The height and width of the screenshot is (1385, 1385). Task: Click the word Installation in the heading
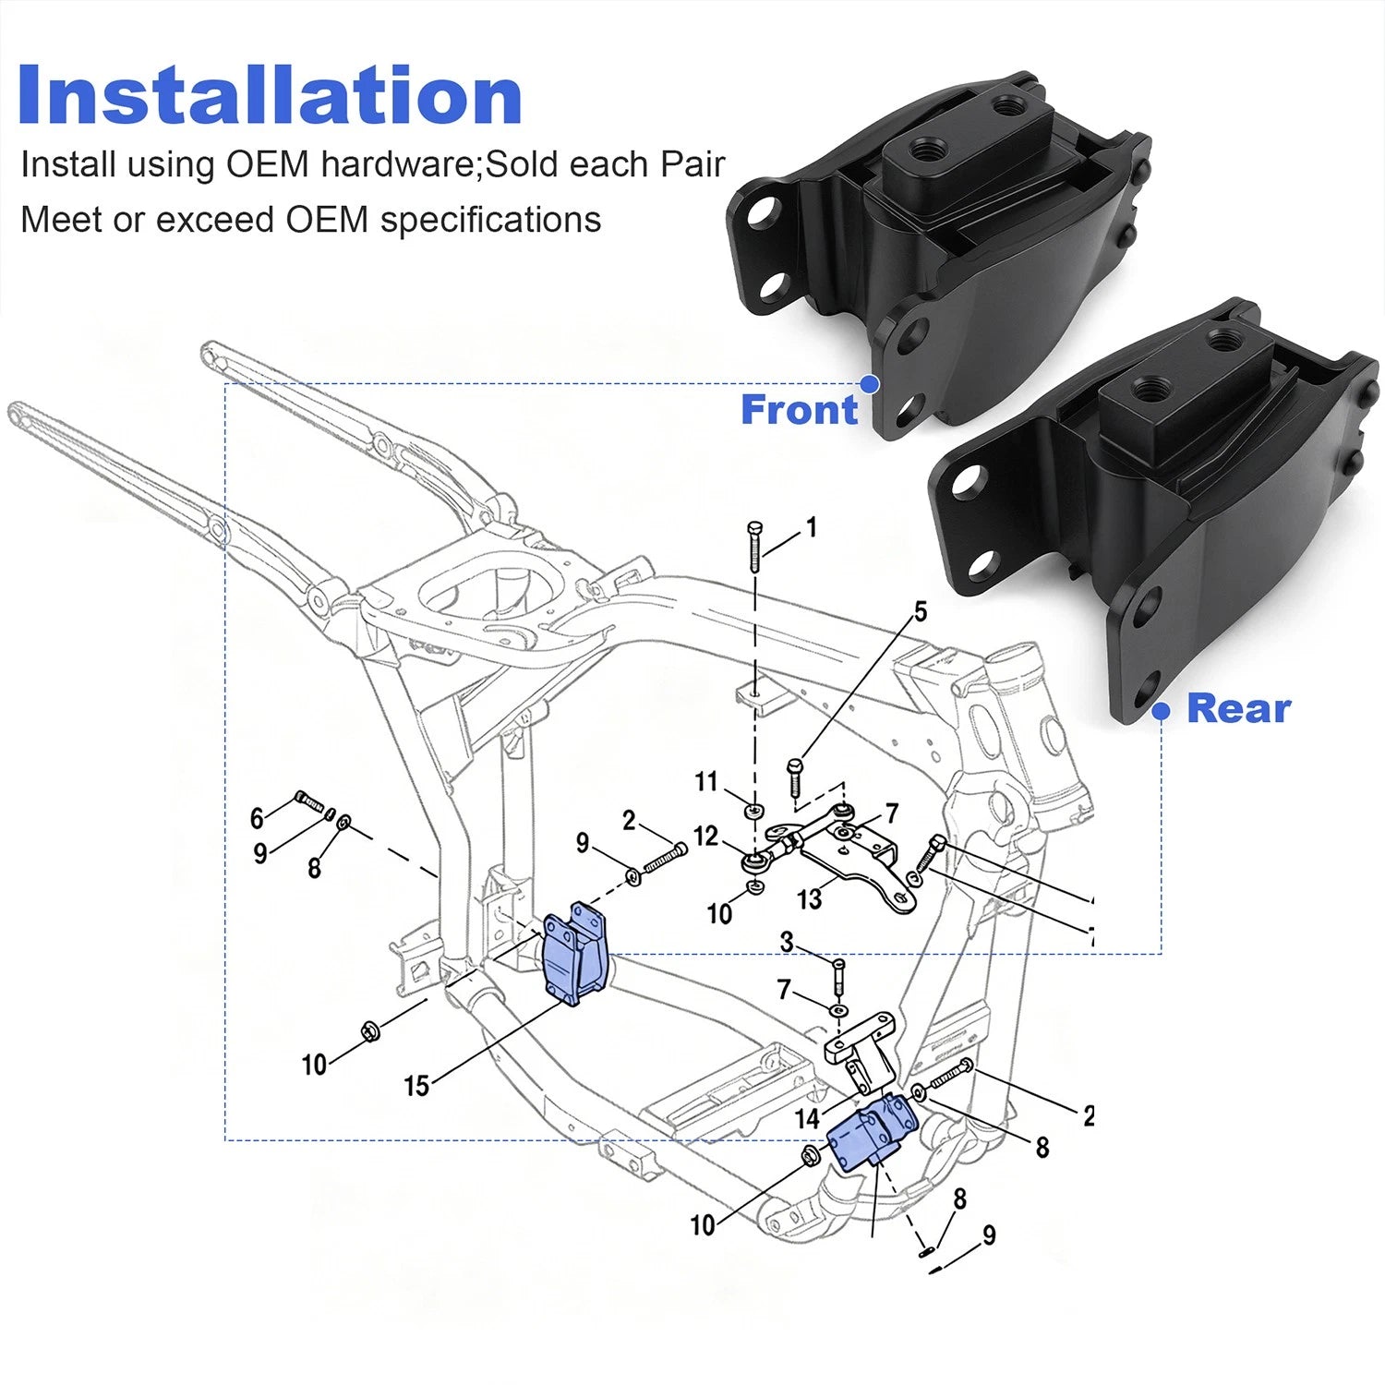270,95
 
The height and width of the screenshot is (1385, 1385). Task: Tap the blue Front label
800,409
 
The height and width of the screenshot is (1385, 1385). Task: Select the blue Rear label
1238,708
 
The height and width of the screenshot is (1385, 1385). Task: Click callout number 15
416,1086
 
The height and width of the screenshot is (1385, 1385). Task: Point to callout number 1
812,527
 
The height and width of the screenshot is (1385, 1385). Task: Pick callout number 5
920,611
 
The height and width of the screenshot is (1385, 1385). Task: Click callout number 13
809,898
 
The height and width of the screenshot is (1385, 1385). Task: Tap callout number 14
807,1119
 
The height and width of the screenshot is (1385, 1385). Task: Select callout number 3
787,942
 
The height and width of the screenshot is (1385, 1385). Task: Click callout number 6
257,817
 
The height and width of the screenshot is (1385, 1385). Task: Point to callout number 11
705,782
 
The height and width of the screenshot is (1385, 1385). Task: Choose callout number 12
705,836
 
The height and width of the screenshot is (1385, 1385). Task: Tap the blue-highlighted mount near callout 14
873,1132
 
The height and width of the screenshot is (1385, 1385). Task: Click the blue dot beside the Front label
869,383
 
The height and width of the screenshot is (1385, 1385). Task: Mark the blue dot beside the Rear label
1162,711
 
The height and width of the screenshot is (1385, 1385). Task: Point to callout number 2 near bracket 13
629,820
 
